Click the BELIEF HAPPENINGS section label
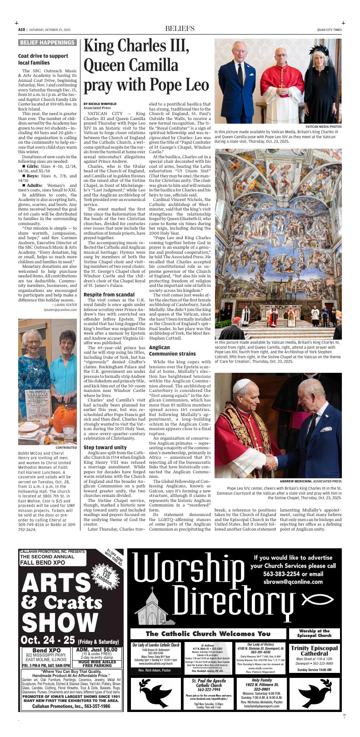tap(47, 43)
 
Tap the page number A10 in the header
tap(21, 30)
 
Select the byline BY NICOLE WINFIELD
tap(100, 104)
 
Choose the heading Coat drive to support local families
tap(43, 59)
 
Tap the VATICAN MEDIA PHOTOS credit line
tap(323, 126)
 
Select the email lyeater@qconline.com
tap(60, 310)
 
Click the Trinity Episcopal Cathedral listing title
tap(314, 651)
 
